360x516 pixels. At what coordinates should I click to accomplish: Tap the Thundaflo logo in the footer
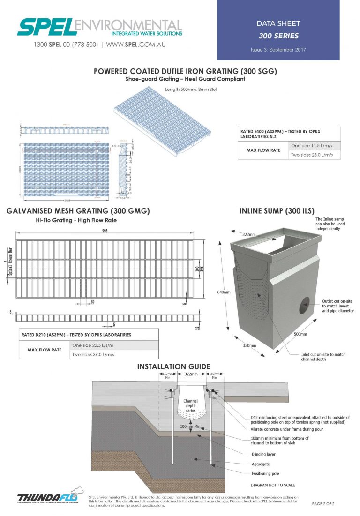pyautogui.click(x=49, y=498)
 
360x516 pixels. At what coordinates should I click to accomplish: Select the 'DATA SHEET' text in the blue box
pyautogui.click(x=278, y=23)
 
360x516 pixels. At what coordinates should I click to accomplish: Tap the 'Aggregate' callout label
pyautogui.click(x=260, y=464)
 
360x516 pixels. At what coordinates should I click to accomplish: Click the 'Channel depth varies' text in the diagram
pyautogui.click(x=190, y=406)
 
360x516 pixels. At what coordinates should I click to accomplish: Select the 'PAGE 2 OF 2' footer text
pyautogui.click(x=323, y=504)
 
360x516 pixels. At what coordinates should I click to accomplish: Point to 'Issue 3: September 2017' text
pyautogui.click(x=278, y=49)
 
